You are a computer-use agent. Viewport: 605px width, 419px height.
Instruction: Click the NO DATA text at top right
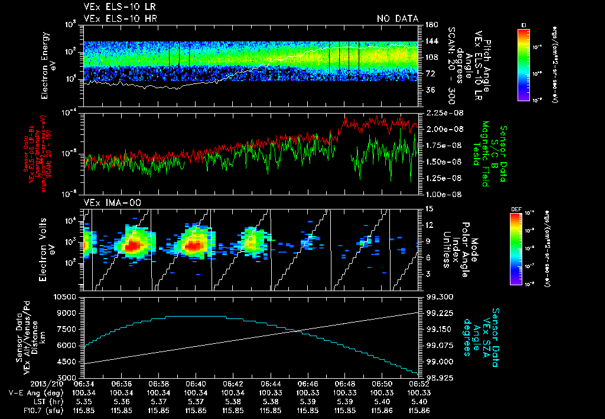(397, 19)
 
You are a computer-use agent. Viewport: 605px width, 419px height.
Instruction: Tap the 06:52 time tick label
(418, 383)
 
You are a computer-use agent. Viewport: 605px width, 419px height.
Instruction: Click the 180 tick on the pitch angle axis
(430, 24)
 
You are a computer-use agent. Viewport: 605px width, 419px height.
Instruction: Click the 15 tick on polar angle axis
(428, 209)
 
